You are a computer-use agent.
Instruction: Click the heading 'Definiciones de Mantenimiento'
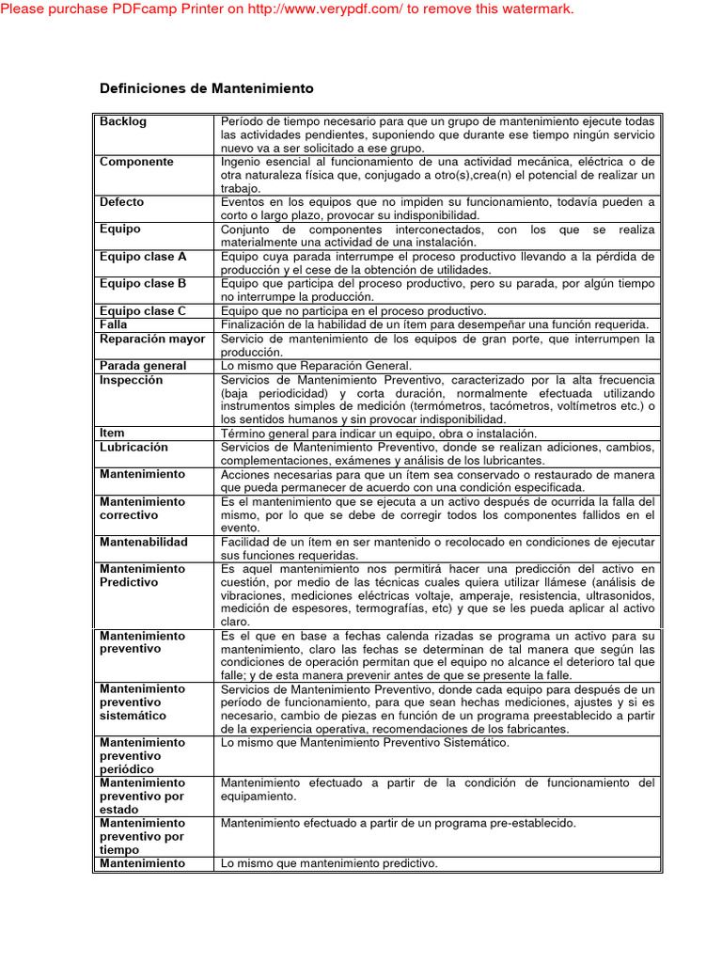coord(207,88)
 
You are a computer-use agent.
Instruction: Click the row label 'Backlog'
coord(123,122)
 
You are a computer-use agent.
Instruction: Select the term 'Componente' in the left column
coord(136,162)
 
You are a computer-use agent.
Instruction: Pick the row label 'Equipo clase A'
coord(143,257)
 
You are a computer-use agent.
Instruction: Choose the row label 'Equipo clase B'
coord(143,283)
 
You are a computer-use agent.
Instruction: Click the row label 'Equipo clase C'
coord(143,311)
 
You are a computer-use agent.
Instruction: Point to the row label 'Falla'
coord(114,324)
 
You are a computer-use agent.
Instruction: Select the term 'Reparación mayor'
coord(152,339)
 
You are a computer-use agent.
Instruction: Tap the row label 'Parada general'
coord(143,366)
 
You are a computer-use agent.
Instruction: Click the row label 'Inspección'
coord(131,380)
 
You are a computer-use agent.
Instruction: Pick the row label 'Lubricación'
coord(133,448)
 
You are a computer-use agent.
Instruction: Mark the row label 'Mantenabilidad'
coord(144,543)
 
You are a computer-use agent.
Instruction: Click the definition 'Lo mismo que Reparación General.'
coord(316,366)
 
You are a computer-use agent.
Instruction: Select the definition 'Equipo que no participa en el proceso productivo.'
coord(353,311)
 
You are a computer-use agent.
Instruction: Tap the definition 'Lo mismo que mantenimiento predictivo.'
coord(329,863)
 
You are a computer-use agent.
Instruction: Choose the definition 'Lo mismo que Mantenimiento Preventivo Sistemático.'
coord(365,743)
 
